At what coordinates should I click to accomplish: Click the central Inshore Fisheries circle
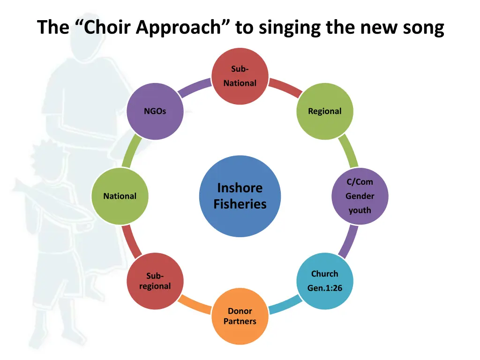pyautogui.click(x=240, y=196)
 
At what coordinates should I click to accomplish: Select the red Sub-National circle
pyautogui.click(x=240, y=76)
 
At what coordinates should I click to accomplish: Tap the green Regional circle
pyautogui.click(x=325, y=112)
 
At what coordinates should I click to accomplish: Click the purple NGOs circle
pyautogui.click(x=155, y=112)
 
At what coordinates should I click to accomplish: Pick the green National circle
pyautogui.click(x=120, y=196)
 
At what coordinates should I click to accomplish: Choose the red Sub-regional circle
pyautogui.click(x=155, y=281)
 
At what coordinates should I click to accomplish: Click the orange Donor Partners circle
pyautogui.click(x=240, y=316)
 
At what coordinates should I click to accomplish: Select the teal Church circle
pyautogui.click(x=325, y=281)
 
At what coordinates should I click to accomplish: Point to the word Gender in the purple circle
pyautogui.click(x=360, y=196)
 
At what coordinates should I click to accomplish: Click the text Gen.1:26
pyautogui.click(x=325, y=288)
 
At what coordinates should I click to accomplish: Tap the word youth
pyautogui.click(x=360, y=210)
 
